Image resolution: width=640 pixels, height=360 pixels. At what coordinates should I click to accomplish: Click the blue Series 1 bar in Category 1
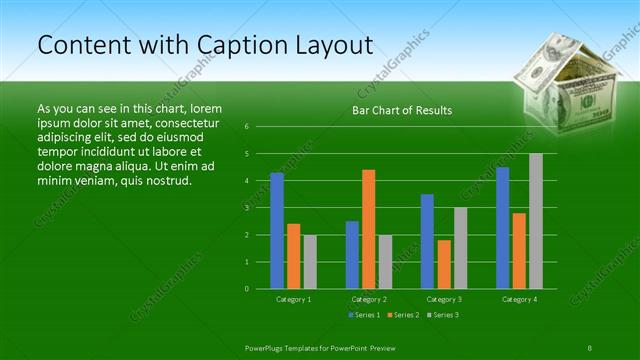point(277,231)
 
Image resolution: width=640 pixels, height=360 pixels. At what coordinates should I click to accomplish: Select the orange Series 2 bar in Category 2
point(368,229)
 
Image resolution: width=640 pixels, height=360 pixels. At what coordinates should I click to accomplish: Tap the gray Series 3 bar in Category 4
point(536,221)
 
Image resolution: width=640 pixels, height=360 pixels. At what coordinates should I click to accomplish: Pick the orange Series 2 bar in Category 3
point(444,264)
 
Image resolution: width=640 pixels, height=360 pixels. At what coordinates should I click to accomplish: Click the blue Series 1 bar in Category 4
point(502,228)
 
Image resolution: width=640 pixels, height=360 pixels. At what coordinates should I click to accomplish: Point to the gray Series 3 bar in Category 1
point(310,262)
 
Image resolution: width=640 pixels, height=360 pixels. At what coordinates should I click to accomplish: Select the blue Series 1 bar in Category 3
point(427,241)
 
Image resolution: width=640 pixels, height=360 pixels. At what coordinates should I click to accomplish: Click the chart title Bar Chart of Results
point(402,110)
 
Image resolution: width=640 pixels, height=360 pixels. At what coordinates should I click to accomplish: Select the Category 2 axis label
point(368,299)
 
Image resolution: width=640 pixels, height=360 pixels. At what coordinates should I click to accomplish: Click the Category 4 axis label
point(519,299)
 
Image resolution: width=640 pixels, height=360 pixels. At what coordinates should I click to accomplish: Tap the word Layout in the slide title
point(326,45)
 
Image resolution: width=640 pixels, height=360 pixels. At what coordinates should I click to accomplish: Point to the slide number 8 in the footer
point(590,346)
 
